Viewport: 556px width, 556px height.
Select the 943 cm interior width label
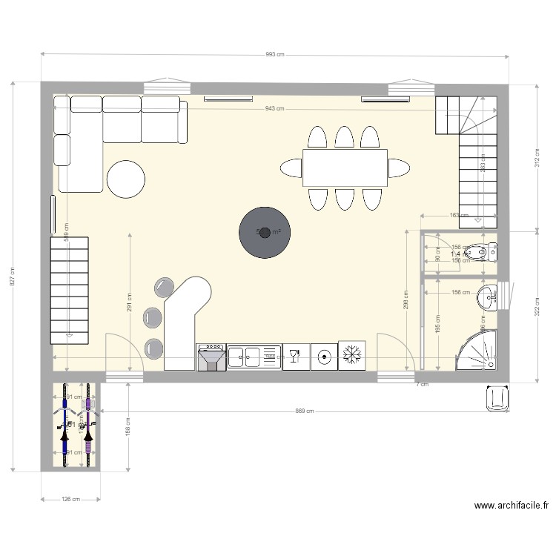coord(274,109)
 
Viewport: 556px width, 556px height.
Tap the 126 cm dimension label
coord(70,500)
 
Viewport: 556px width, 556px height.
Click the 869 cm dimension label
coord(304,411)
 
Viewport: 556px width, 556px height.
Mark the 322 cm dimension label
coord(537,306)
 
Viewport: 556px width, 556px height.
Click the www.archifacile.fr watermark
coord(511,506)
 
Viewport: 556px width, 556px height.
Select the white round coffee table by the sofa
coord(126,179)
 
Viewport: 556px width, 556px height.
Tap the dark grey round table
coord(264,232)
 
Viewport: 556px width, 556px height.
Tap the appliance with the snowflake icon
coord(352,356)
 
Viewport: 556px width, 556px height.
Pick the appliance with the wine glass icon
coord(296,357)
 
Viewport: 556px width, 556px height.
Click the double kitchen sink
coord(254,357)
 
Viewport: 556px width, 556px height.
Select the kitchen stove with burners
coord(211,357)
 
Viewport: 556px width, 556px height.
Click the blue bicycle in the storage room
coord(67,426)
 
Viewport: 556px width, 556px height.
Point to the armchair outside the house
coord(496,398)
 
